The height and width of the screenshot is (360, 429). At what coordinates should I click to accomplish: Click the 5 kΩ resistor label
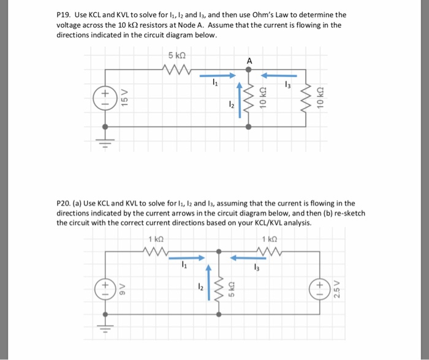click(177, 55)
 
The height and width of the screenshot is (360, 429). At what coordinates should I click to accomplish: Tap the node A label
click(249, 61)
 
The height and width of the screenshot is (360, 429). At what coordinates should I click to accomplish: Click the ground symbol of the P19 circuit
click(105, 144)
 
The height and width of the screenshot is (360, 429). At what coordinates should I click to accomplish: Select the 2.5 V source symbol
click(321, 286)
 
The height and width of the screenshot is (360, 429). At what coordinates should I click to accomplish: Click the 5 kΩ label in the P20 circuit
click(232, 285)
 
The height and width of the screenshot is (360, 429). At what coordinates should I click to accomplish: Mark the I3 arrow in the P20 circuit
click(249, 257)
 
